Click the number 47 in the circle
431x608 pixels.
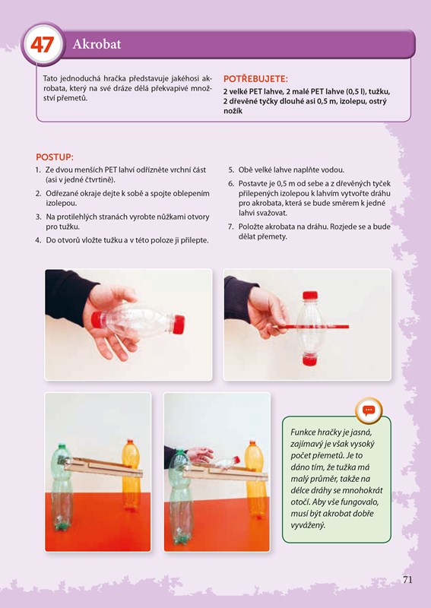coord(42,45)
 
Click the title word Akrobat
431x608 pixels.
coord(97,44)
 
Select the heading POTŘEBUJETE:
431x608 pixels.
coord(255,79)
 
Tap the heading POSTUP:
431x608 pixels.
coord(54,157)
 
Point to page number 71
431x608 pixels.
coord(407,580)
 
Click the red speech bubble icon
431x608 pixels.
coord(369,410)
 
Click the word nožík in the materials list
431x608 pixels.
coord(233,111)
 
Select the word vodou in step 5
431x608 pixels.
coord(334,169)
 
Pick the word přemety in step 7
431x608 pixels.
coord(273,236)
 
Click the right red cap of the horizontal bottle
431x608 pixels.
coord(178,325)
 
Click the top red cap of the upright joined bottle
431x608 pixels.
coord(310,295)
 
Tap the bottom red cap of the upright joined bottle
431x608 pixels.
coord(310,359)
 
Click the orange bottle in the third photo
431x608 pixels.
coord(131,475)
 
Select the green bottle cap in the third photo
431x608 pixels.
coord(61,445)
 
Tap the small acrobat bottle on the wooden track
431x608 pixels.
coord(227,463)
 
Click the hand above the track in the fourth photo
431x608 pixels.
coord(200,454)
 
